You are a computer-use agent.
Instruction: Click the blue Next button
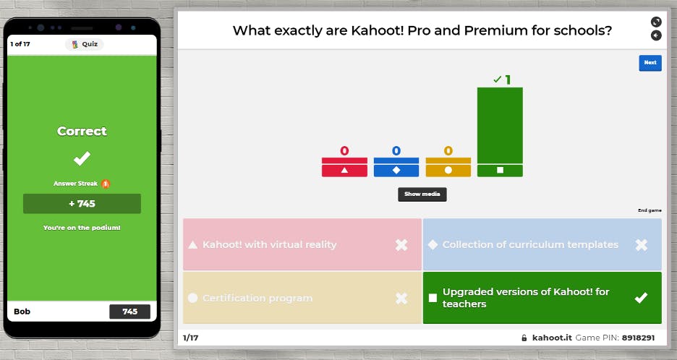point(650,63)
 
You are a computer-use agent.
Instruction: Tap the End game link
point(650,210)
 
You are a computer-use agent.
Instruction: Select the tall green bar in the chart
point(500,132)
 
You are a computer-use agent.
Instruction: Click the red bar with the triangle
point(344,167)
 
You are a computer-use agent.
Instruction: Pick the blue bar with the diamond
point(396,167)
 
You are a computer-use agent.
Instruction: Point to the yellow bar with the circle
point(448,167)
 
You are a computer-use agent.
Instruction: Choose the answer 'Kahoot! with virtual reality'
point(302,244)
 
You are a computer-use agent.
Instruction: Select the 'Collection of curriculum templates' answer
point(542,244)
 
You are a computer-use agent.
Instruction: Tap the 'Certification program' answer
point(302,298)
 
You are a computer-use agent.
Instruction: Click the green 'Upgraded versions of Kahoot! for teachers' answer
point(542,298)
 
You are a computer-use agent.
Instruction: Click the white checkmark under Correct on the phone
point(82,158)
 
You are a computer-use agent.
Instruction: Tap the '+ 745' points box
point(82,204)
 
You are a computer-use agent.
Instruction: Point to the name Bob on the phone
point(22,312)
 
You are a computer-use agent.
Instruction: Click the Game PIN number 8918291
point(638,338)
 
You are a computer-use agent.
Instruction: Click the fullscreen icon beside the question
point(656,22)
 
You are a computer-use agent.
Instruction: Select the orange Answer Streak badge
point(106,184)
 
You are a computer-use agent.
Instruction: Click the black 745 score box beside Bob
point(130,312)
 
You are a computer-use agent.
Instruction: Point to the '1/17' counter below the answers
point(190,338)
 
